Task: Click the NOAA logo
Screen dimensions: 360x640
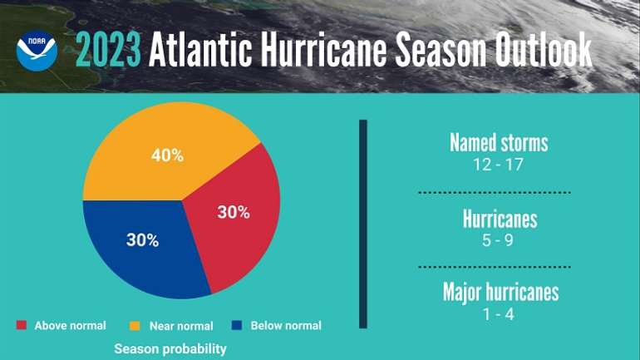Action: (37, 51)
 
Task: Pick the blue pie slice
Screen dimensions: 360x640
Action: (141, 245)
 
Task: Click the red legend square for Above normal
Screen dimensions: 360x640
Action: (21, 325)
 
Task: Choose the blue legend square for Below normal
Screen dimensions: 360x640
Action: (237, 325)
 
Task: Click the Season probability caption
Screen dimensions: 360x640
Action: (170, 348)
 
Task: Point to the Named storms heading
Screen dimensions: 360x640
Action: (499, 142)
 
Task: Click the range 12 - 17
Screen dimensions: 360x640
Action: (499, 164)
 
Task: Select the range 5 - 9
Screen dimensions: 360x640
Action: (499, 241)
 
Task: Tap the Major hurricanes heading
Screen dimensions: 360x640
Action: (500, 293)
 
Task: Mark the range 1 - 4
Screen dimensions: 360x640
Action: (500, 315)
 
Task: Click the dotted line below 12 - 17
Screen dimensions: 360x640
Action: (500, 191)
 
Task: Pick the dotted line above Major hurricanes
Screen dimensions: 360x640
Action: (500, 267)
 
